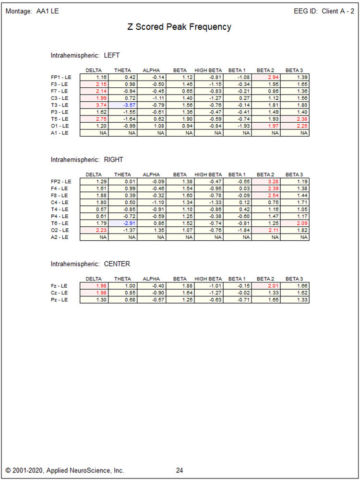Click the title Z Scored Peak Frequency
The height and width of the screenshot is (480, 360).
pyautogui.click(x=179, y=27)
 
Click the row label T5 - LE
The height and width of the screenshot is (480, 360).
pyautogui.click(x=60, y=118)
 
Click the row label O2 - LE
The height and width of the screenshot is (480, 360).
pyautogui.click(x=60, y=230)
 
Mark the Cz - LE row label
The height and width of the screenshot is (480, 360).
pyautogui.click(x=60, y=293)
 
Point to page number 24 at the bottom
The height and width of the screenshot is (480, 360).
pyautogui.click(x=179, y=470)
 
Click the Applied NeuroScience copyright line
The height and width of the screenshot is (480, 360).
pyautogui.click(x=65, y=470)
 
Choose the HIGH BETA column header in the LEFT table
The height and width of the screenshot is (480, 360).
pyautogui.click(x=208, y=70)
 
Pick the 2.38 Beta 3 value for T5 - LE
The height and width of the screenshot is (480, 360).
pyautogui.click(x=295, y=118)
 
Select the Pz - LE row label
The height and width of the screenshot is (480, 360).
pyautogui.click(x=60, y=300)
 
